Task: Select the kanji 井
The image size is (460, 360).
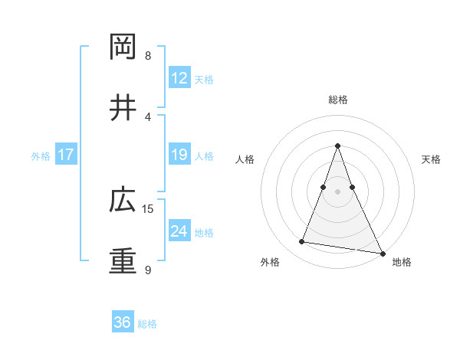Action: [123, 107]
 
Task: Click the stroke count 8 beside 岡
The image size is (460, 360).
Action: [148, 55]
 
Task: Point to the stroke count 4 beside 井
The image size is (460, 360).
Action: [148, 116]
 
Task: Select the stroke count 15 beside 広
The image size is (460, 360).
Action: [149, 208]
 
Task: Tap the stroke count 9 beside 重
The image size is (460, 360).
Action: [148, 270]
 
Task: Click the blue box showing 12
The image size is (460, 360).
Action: [179, 78]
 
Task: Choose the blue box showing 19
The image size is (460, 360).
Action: [179, 155]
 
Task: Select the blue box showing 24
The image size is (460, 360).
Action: [179, 232]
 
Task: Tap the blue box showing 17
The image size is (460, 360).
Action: [66, 155]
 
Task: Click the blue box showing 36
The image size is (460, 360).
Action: [122, 322]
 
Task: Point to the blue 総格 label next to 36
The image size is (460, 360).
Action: [147, 324]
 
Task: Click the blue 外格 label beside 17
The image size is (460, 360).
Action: [41, 156]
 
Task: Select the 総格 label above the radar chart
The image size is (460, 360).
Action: [337, 100]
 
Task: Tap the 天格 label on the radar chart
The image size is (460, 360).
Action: [431, 159]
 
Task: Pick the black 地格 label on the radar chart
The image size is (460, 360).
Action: [402, 262]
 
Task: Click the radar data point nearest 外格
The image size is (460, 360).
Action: [302, 242]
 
